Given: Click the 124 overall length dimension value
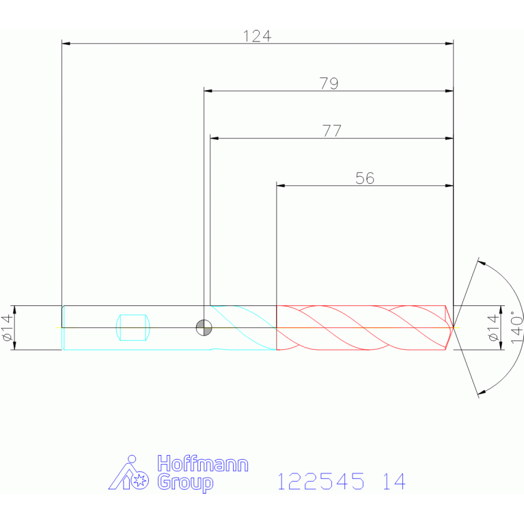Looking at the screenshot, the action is (257, 36).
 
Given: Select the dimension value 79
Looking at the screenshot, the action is (329, 83).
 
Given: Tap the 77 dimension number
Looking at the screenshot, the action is (332, 131).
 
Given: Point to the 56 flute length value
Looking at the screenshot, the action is (365, 178).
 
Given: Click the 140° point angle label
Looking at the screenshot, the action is (516, 327).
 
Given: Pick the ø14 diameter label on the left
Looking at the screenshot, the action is (8, 327).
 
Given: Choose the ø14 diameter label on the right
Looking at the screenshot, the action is (493, 327).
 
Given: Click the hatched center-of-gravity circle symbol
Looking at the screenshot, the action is (204, 327).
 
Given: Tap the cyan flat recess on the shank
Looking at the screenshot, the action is (133, 327).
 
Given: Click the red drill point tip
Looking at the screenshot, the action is (453, 327).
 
